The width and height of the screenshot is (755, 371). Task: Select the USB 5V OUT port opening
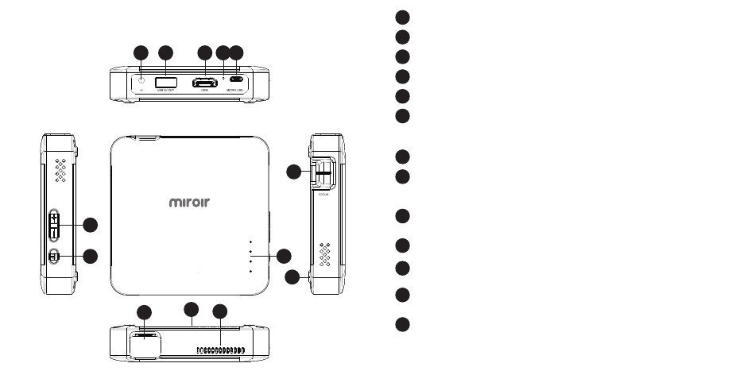pos(165,82)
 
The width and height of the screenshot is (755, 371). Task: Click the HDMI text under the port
pos(204,92)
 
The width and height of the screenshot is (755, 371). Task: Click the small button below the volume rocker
pos(54,257)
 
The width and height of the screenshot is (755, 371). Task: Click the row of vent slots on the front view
pos(219,350)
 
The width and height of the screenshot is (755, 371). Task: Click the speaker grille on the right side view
pos(324,253)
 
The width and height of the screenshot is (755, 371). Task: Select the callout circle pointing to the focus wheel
pos(294,172)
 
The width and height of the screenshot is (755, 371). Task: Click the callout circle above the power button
pos(141,53)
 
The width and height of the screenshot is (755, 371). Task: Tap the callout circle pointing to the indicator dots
pos(285,256)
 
